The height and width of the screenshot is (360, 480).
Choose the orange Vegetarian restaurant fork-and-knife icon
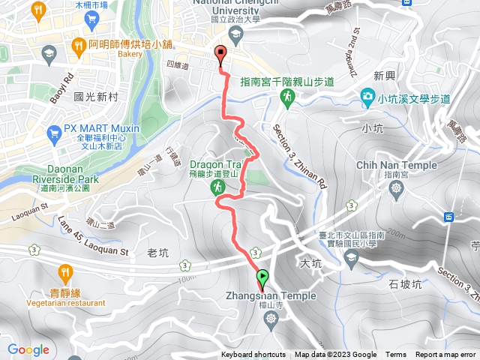(x=66, y=271)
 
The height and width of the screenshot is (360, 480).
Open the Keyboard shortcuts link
(x=253, y=355)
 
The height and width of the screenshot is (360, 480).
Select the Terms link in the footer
(x=396, y=355)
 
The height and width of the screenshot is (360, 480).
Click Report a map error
(x=447, y=355)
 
